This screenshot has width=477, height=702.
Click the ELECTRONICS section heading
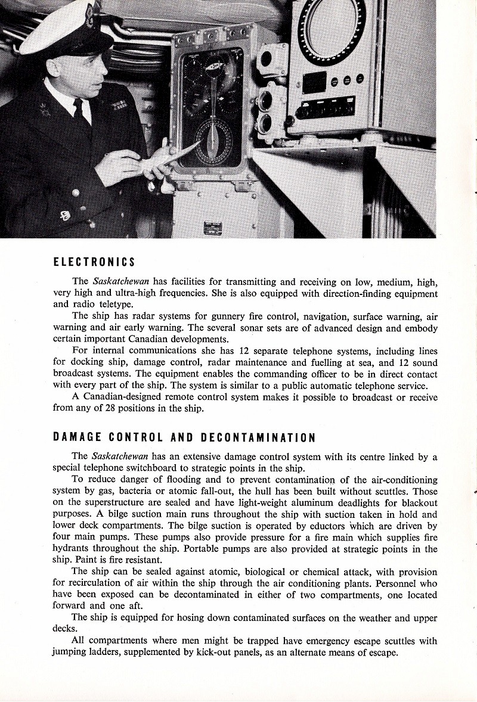click(x=94, y=262)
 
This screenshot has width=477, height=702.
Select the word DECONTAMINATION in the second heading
click(x=258, y=437)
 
